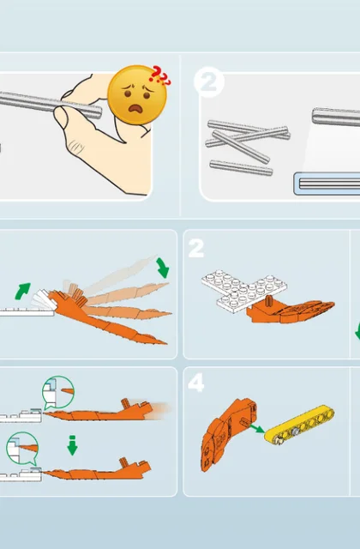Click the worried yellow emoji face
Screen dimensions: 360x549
click(137, 94)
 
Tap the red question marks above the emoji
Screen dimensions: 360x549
click(160, 76)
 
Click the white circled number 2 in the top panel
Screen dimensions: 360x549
click(209, 81)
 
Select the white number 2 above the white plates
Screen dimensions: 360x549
click(196, 249)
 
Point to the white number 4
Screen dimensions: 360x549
click(195, 383)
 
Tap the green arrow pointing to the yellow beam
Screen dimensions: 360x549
click(256, 428)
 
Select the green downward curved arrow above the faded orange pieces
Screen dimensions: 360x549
click(163, 268)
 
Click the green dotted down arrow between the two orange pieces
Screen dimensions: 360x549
click(72, 445)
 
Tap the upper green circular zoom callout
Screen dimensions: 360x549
click(57, 392)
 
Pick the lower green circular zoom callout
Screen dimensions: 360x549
click(22, 449)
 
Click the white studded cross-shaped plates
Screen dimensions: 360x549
click(244, 289)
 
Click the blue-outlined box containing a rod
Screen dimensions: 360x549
click(327, 183)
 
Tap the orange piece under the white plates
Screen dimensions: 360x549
click(291, 310)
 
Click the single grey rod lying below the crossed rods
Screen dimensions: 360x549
click(241, 167)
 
